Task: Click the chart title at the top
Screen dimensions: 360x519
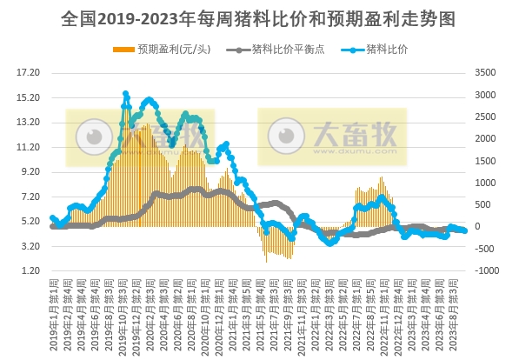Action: [x=259, y=17]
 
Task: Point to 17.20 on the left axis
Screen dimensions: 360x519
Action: [x=29, y=72]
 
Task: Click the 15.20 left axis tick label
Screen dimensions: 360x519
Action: [x=29, y=97]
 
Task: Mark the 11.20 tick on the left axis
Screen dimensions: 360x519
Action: [x=29, y=147]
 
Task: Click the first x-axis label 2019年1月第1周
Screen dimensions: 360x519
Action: [x=54, y=313]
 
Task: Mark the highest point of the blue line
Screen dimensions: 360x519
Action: [x=125, y=93]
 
